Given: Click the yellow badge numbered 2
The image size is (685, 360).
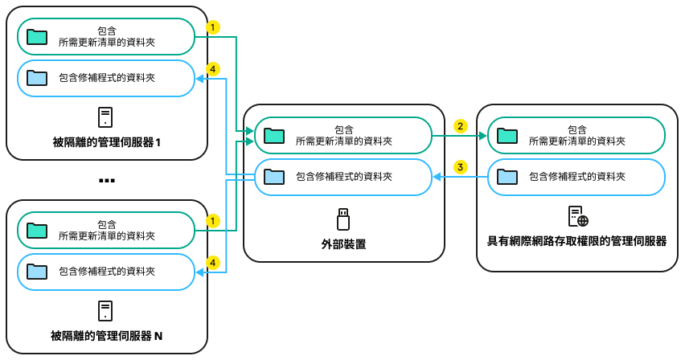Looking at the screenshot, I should coord(460,126).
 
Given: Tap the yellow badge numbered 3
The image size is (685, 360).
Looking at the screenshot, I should coord(460,167).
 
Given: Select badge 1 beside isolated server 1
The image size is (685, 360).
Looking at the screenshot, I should coord(212,27).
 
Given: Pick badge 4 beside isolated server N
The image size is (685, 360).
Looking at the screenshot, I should coord(212,262).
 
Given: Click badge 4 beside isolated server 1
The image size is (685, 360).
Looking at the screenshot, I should coord(212,70).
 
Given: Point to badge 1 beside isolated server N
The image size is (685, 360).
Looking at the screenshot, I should coord(212,219).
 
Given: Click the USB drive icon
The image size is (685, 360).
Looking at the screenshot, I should coord(343,219).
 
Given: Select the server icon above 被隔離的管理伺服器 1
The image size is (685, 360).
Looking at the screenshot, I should coord(105,118).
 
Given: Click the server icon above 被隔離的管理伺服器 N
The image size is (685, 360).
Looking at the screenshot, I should coord(105,311).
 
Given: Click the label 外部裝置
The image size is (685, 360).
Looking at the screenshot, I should coord(343,243).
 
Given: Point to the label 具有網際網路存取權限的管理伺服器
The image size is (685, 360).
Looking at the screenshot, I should coord(577,241).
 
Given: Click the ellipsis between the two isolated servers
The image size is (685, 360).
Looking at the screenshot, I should coord(107,180).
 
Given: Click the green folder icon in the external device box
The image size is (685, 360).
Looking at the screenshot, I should coord(274,134).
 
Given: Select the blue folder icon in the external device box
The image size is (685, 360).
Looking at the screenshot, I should coord(274,176).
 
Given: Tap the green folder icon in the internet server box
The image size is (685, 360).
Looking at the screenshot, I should coord(507,134).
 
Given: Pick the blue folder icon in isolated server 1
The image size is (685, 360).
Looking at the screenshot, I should coord(37,78).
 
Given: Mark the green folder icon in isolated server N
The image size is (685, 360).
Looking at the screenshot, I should coord(37,231).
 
